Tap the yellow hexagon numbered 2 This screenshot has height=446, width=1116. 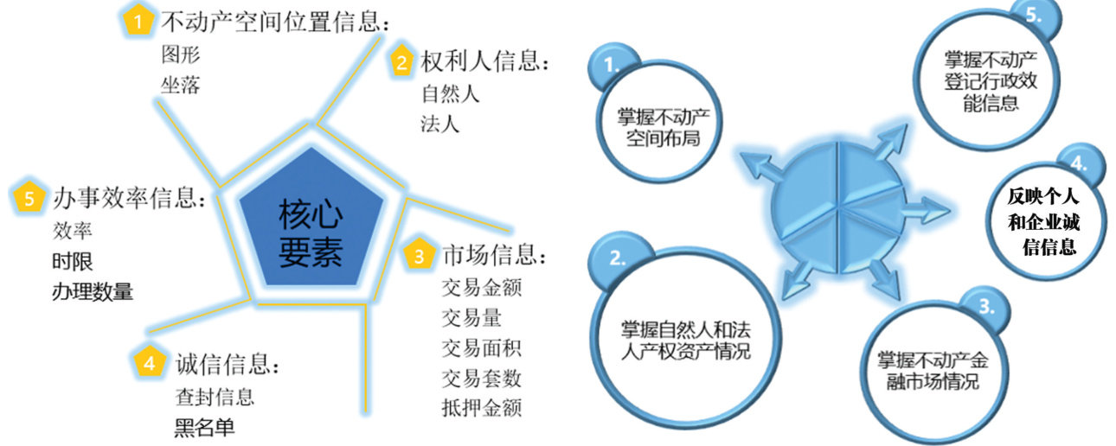click(401, 61)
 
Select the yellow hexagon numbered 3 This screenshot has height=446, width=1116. click(419, 256)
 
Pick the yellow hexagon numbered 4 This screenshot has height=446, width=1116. click(149, 363)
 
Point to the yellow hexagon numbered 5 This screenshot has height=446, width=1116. click(29, 198)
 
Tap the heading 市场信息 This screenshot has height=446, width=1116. click(493, 256)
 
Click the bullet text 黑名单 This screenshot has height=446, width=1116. click(204, 427)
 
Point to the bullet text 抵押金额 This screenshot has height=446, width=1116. click(482, 406)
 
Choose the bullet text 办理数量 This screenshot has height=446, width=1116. click(93, 290)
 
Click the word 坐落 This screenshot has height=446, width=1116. click(180, 85)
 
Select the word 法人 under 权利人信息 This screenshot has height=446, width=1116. click(440, 123)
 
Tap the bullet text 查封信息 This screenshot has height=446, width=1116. click(214, 397)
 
